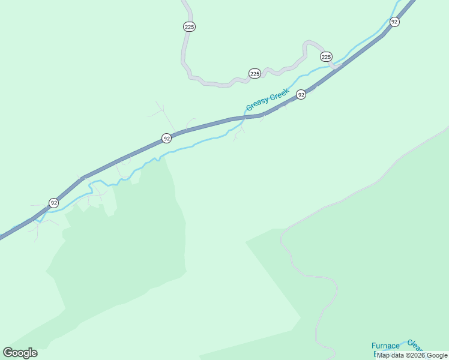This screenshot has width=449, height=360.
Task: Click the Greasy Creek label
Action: pos(268,100)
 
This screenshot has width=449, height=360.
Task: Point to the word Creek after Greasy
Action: pos(280,94)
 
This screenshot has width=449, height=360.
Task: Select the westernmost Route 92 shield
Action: pos(54,203)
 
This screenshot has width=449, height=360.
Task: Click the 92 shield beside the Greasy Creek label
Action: pos(301,94)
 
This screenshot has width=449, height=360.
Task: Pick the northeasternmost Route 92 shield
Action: pos(394,22)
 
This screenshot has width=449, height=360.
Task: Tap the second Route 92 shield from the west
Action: pos(167,139)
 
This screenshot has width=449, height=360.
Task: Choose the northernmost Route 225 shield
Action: pos(190,26)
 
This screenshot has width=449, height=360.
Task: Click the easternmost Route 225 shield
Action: pos(326,56)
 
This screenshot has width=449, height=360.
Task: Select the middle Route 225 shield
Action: pos(255,73)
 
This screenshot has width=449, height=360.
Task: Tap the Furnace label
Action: pos(385,346)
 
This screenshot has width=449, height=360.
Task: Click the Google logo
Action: pos(20,353)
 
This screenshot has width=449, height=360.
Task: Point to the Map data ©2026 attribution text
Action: pos(412,355)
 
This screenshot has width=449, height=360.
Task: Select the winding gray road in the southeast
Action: pos(312,276)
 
